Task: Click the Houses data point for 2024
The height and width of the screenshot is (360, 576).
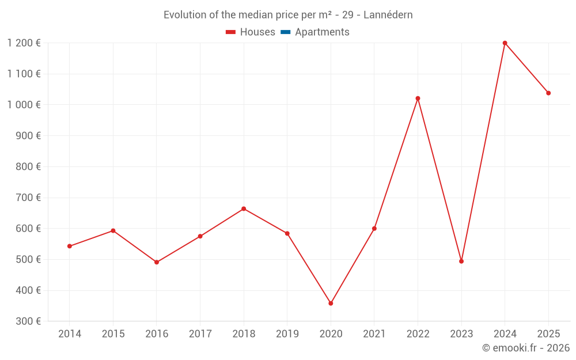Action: pyautogui.click(x=505, y=43)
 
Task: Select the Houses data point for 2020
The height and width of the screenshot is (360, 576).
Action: pyautogui.click(x=331, y=303)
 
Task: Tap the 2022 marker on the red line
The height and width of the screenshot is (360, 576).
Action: pyautogui.click(x=418, y=98)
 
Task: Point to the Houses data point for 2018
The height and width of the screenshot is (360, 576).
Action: pyautogui.click(x=244, y=209)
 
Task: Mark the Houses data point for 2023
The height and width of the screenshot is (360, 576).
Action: pyautogui.click(x=461, y=261)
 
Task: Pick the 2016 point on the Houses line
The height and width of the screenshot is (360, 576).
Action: pyautogui.click(x=157, y=262)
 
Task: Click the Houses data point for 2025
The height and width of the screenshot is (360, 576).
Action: pyautogui.click(x=548, y=93)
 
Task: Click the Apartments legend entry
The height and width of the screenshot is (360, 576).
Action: pyautogui.click(x=322, y=32)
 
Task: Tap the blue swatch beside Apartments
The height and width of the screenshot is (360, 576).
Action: pyautogui.click(x=285, y=32)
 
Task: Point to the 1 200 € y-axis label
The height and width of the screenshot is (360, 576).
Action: pyautogui.click(x=24, y=43)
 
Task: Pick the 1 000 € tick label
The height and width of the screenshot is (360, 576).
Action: pyautogui.click(x=24, y=104)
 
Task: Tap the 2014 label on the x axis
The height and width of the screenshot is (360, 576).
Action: pyautogui.click(x=70, y=334)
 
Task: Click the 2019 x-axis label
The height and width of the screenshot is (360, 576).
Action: pyautogui.click(x=287, y=334)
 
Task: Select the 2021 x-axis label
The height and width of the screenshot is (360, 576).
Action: pyautogui.click(x=374, y=334)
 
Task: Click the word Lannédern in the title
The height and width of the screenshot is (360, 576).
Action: pyautogui.click(x=388, y=15)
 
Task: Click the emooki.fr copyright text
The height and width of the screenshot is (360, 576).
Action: pyautogui.click(x=526, y=348)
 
